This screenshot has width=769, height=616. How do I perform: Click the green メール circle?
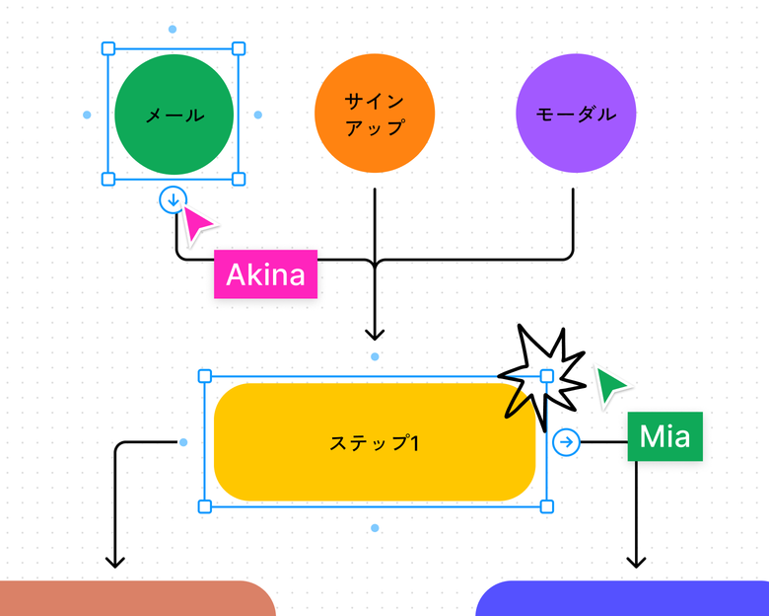point(174,115)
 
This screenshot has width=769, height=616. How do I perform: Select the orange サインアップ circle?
point(375,114)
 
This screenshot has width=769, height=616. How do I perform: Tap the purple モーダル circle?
point(576,114)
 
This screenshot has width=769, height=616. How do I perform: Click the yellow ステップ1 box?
point(375,442)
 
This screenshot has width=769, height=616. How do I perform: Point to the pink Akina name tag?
point(265,273)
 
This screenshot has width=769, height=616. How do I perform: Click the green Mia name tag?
point(664,436)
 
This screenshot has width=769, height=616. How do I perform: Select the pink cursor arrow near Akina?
point(197,225)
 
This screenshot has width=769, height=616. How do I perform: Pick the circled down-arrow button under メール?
point(173,200)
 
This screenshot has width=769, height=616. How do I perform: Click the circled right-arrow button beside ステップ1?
point(566,442)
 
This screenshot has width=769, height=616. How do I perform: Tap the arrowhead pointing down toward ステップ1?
point(375,334)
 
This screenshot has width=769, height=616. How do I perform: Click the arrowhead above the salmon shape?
point(115,562)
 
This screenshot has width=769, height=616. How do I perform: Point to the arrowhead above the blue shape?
point(636,562)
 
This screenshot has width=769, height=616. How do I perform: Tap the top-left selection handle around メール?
point(108,47)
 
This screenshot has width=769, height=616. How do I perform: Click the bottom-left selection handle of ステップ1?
point(205,506)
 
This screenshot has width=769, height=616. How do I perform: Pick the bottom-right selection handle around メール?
point(239,179)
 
